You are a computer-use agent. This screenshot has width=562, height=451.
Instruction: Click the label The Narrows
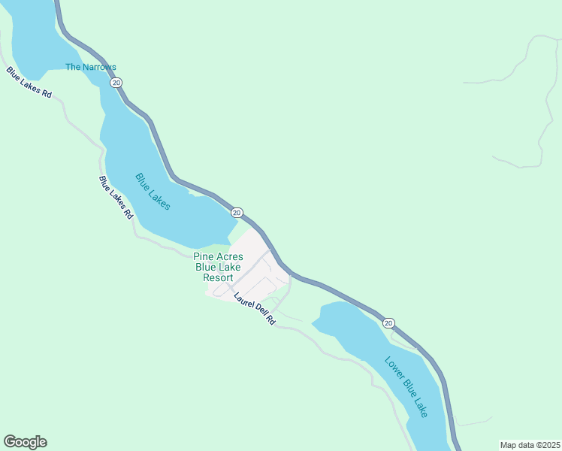pos(91,67)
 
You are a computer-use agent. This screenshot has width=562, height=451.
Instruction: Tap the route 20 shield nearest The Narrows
pos(116,82)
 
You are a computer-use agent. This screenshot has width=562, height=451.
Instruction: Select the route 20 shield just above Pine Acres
pos(237,213)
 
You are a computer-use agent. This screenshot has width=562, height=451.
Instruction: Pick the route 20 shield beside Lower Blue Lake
pos(388,323)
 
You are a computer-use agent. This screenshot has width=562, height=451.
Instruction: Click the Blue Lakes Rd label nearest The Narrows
pos(29,83)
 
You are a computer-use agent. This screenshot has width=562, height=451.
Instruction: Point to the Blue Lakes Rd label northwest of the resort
pos(116,197)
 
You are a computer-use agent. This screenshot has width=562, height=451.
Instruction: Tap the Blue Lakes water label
pos(153,192)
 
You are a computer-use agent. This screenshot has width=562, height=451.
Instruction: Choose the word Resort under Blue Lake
pos(218,277)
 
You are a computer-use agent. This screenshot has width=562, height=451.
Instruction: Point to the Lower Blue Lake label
pos(406,386)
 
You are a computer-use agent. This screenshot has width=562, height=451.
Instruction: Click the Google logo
pos(25,442)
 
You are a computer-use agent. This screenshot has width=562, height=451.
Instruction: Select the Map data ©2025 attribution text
pos(530,445)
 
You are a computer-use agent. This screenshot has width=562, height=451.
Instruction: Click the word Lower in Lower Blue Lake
pos(394,368)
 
